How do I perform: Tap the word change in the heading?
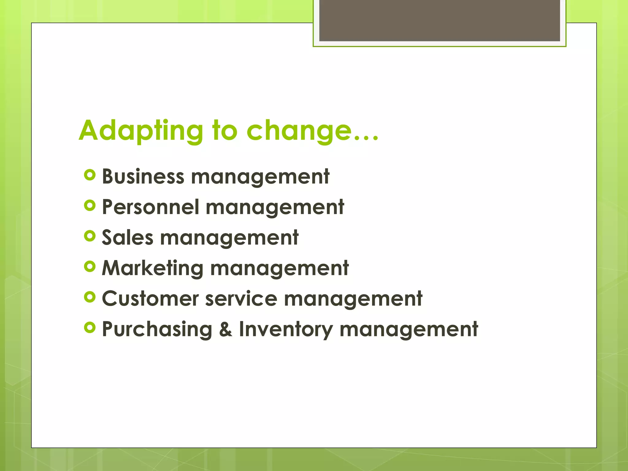[x=299, y=131]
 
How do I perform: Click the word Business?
[x=143, y=177]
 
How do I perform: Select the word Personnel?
[x=151, y=207]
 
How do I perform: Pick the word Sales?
[x=128, y=238]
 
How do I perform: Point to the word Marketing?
[x=152, y=268]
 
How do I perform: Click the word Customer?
[x=150, y=299]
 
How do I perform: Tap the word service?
[x=241, y=299]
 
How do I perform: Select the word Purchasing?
[x=157, y=329]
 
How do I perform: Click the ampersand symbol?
[x=226, y=329]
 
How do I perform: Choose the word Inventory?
[x=286, y=329]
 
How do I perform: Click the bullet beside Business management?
[x=90, y=175]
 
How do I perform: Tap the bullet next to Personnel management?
[x=90, y=205]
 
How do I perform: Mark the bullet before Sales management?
[x=90, y=236]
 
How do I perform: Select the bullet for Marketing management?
[x=90, y=266]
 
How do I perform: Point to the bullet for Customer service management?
[x=90, y=297]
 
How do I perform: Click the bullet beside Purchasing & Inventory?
[x=90, y=328]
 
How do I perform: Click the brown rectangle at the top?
[x=439, y=20]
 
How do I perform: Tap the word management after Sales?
[x=229, y=238]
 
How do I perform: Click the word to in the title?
[x=225, y=131]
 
